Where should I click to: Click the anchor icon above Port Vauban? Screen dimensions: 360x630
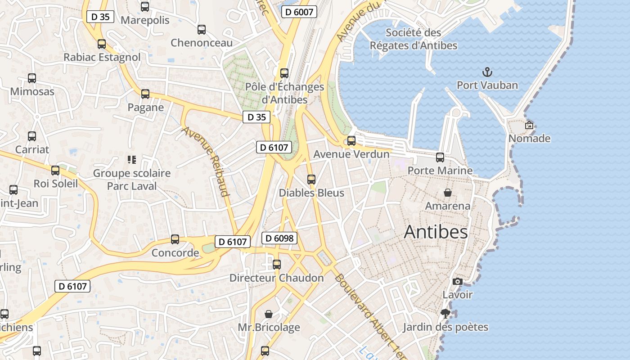pyautogui.click(x=487, y=72)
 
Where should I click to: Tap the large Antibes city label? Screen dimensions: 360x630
pyautogui.click(x=436, y=232)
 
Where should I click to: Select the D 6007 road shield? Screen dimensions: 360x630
pyautogui.click(x=299, y=12)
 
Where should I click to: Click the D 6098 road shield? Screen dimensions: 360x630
pyautogui.click(x=279, y=238)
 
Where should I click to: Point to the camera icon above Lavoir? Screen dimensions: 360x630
pyautogui.click(x=458, y=282)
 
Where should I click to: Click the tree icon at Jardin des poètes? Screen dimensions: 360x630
pyautogui.click(x=445, y=314)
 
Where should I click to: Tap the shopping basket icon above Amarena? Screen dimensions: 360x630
pyautogui.click(x=448, y=193)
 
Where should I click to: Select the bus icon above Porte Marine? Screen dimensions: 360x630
pyautogui.click(x=440, y=157)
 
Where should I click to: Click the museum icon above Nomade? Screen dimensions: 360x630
pyautogui.click(x=529, y=125)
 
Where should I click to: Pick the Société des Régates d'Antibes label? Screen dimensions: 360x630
pyautogui.click(x=414, y=39)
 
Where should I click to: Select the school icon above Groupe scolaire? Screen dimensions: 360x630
pyautogui.click(x=132, y=160)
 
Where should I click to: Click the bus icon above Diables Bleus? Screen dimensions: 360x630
pyautogui.click(x=311, y=180)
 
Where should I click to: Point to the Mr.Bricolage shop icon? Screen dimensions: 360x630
pyautogui.click(x=269, y=314)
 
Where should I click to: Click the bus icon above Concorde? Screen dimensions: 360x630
pyautogui.click(x=175, y=239)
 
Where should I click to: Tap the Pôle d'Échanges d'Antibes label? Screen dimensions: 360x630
pyautogui.click(x=284, y=93)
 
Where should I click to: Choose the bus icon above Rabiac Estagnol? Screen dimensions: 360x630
pyautogui.click(x=102, y=44)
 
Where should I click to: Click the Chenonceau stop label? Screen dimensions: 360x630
pyautogui.click(x=202, y=43)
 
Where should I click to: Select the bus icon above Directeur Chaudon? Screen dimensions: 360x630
pyautogui.click(x=277, y=265)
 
